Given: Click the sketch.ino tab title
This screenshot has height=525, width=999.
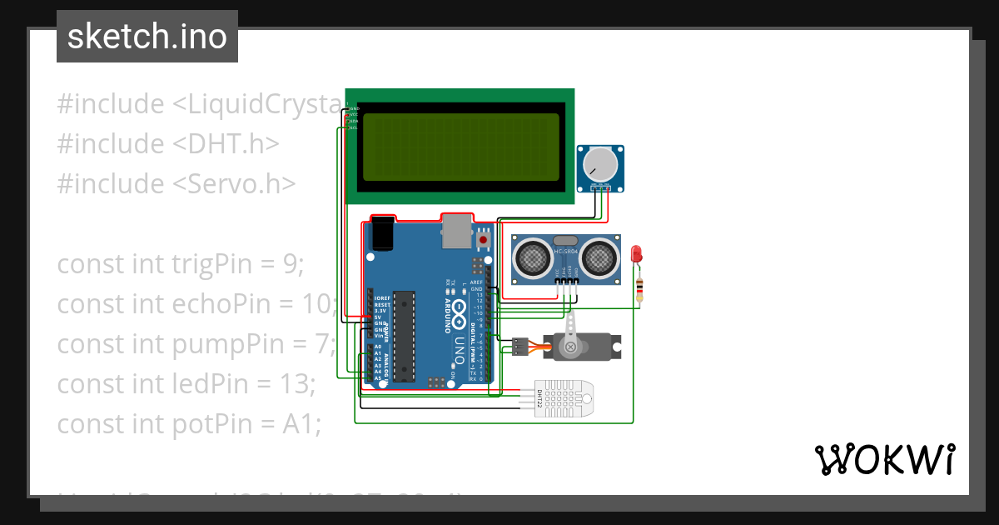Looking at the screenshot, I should point(147,37).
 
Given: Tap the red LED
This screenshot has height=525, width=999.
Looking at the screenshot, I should point(638,254).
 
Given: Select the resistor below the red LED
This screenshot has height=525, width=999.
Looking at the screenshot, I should point(639,288).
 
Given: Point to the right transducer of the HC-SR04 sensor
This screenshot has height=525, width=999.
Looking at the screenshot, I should point(599,258).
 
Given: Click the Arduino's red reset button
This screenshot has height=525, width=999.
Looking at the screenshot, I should point(484,241).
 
